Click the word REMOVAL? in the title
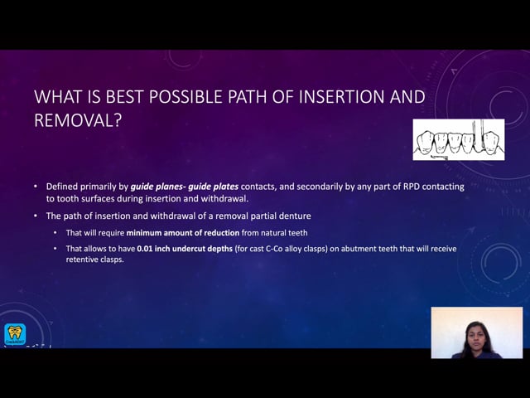click(78, 120)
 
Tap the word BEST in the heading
click(124, 97)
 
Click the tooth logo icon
click(15, 334)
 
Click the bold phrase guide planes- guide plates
click(185, 187)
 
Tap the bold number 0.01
click(144, 249)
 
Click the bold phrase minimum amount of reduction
click(182, 233)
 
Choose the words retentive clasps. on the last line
click(94, 260)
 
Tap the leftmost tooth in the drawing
click(425, 142)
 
